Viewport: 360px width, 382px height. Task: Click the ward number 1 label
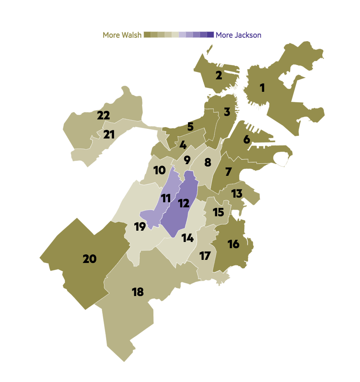point(262,88)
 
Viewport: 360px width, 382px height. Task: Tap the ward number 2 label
point(219,75)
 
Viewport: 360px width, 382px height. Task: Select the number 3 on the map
point(227,112)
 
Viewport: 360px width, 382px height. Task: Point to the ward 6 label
point(247,139)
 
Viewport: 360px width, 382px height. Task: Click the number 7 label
point(228,171)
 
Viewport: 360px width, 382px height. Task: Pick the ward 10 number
point(160,170)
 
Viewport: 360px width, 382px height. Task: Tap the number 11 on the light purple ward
point(166,198)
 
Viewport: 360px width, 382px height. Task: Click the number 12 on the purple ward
point(183,203)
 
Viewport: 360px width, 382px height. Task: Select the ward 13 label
point(237,193)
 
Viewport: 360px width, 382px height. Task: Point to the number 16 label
point(234,244)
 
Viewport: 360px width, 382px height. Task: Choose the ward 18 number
point(138,292)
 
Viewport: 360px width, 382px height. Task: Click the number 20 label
point(90,259)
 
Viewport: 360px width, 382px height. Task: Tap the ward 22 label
point(104,116)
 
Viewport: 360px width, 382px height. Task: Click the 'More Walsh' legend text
point(122,35)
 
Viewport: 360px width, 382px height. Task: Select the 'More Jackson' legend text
point(239,35)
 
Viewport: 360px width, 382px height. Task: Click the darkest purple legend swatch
point(211,35)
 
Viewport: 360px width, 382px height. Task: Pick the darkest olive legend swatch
point(147,35)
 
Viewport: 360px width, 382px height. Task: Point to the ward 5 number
point(190,126)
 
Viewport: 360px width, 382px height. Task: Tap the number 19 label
point(140,227)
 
